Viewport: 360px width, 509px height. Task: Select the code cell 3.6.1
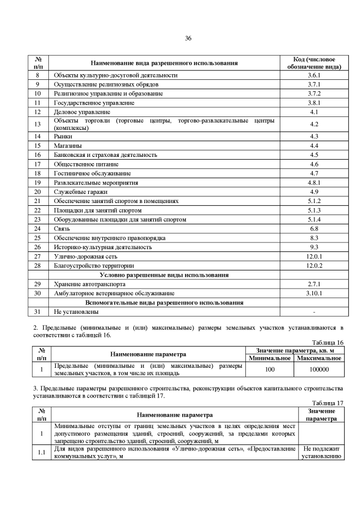click(314, 75)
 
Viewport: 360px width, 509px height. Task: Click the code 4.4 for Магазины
click(314, 146)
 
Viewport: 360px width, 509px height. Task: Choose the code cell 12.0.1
click(314, 256)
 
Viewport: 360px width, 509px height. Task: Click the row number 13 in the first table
click(38, 124)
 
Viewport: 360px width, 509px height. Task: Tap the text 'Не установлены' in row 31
click(76, 311)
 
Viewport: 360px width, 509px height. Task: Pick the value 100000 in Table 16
click(319, 370)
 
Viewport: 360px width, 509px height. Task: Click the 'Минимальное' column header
click(269, 358)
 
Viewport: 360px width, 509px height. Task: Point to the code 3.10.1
click(314, 293)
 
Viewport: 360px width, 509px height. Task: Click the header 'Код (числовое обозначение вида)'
click(314, 62)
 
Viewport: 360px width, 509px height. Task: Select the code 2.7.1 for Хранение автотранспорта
click(314, 284)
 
